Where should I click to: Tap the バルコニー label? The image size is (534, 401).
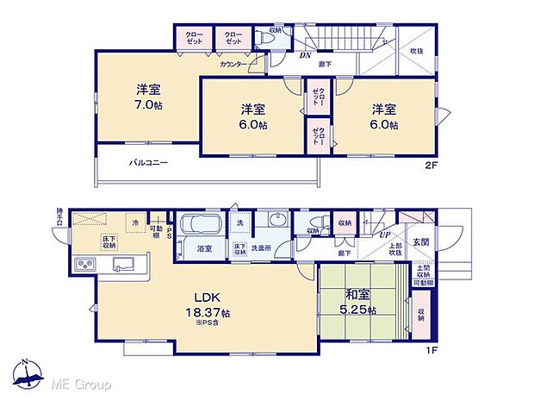tap(148, 162)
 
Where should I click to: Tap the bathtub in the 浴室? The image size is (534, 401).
tap(203, 229)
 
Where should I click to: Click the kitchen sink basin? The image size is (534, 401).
tap(121, 264)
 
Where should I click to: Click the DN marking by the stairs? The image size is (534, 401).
tap(304, 55)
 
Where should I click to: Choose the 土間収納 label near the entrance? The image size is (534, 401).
tap(421, 273)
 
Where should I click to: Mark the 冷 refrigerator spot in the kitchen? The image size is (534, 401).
tap(136, 222)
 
